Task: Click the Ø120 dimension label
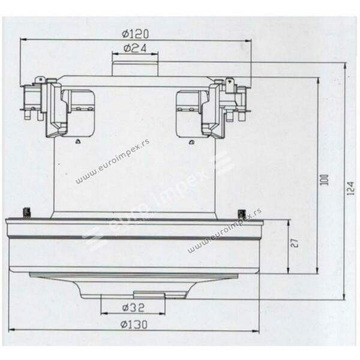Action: click(135, 34)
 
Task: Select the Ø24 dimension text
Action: click(135, 48)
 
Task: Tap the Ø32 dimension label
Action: click(133, 307)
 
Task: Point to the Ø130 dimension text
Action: click(134, 325)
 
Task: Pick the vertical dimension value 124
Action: click(350, 188)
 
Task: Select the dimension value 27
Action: click(295, 244)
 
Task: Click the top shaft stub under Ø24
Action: click(135, 68)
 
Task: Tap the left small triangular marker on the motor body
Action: click(78, 142)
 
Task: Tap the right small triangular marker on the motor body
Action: click(191, 142)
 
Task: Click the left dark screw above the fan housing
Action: click(26, 212)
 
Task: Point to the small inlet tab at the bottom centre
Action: click(149, 295)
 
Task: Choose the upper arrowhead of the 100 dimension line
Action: click(318, 82)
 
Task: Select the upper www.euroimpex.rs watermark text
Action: click(113, 160)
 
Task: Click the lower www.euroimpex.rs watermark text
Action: click(225, 231)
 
